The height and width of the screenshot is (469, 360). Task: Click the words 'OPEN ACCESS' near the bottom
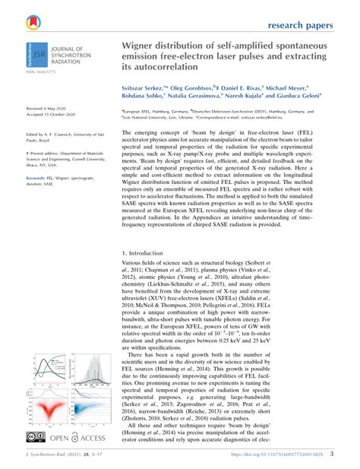click(81, 439)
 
